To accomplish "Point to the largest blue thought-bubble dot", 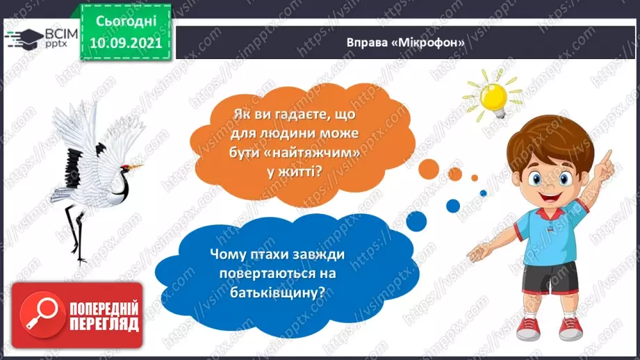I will [x=416, y=220].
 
